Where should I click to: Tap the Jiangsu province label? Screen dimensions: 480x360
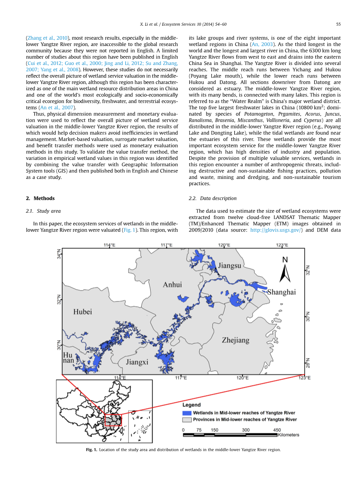230,266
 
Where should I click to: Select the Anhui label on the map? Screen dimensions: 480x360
172,285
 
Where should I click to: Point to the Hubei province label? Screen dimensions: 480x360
83,312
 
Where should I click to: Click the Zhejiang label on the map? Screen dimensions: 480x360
235,340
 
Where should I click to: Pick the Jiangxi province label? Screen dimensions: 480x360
137,362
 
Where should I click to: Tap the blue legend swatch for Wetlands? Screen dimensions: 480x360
187,413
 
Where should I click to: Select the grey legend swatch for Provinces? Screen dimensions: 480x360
187,419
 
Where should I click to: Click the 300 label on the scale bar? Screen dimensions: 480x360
246,430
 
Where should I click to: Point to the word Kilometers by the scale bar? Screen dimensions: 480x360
288,434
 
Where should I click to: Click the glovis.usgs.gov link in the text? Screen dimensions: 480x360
276,230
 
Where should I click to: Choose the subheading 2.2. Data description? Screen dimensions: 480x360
212,198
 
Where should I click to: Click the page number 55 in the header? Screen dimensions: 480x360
338,24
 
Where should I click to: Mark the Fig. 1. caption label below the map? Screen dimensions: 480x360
91,450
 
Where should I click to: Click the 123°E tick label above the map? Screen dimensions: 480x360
282,245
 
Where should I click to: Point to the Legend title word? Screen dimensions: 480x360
192,405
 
